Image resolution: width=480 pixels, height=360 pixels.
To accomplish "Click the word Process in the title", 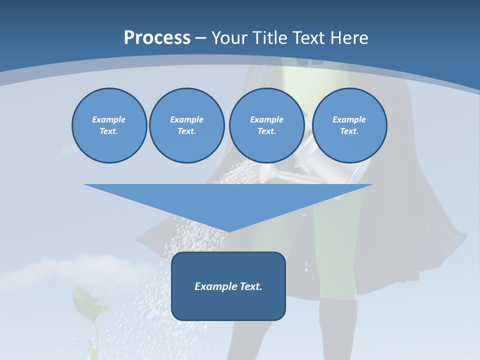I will pos(157,38).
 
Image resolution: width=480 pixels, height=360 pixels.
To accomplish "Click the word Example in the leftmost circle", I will pos(109,119).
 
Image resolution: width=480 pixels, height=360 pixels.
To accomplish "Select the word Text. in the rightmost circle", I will pos(349,131).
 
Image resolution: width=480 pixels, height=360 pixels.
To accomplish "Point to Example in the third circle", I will pos(266,119).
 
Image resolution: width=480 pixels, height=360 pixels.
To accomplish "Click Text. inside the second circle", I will pos(187,131).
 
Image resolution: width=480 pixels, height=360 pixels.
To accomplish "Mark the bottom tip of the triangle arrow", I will pos(228,230).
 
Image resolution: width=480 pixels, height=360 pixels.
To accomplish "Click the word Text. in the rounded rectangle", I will pos(251,286).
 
